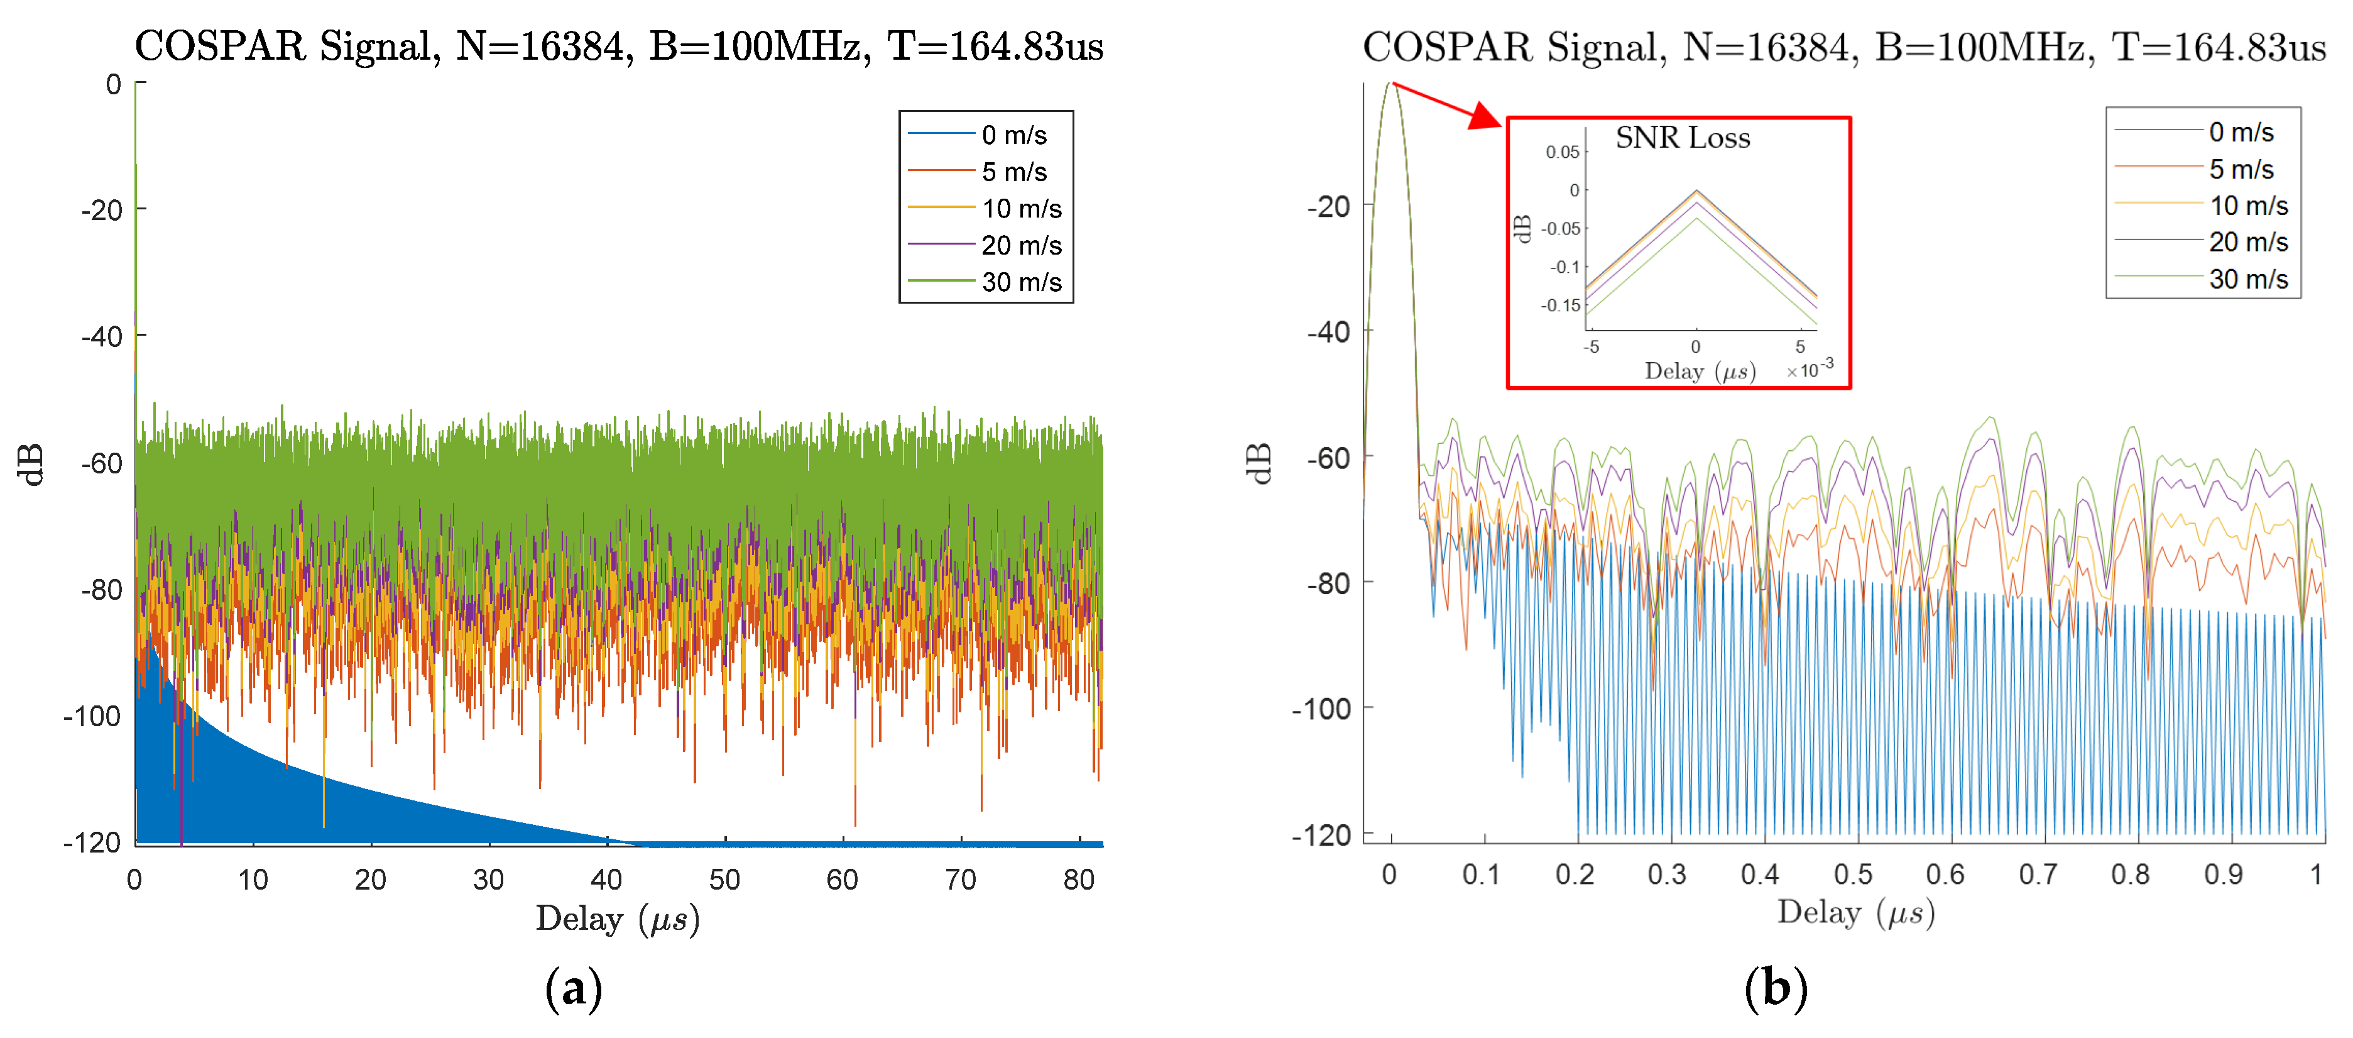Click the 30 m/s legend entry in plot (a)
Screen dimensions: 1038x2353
click(x=1020, y=282)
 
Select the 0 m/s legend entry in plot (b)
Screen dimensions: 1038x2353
click(x=2240, y=133)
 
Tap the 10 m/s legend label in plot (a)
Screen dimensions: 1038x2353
click(x=1021, y=209)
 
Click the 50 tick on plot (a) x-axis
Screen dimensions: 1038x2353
click(x=724, y=880)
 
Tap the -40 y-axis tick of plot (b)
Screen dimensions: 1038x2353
click(x=1328, y=333)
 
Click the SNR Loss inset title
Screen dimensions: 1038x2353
click(x=1683, y=138)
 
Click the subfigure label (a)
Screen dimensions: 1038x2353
click(x=574, y=989)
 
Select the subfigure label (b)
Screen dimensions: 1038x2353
click(x=1775, y=989)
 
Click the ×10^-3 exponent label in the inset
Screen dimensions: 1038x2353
click(x=1810, y=368)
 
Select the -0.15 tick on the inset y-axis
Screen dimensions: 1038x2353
click(x=1560, y=305)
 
